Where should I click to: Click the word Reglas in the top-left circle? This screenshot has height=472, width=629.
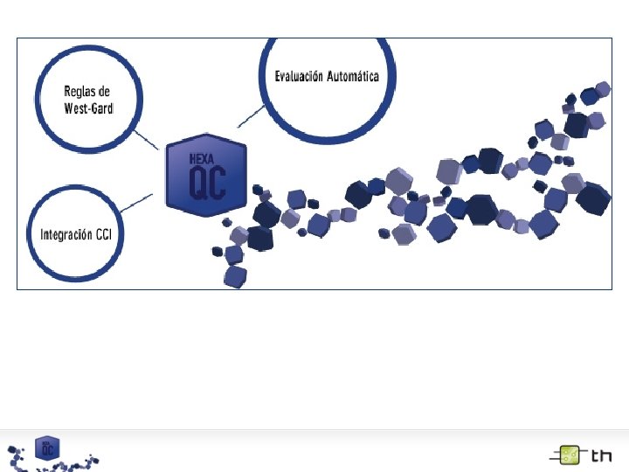pos(79,91)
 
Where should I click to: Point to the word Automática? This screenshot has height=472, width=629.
pos(353,77)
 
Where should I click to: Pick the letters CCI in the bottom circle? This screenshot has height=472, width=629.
pos(111,234)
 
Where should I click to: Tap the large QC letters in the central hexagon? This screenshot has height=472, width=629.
pos(207,182)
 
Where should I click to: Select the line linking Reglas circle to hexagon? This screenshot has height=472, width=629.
pos(146,140)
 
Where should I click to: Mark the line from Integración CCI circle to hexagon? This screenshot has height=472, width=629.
pos(140,202)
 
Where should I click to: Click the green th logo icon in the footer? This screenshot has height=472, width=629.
pos(569,455)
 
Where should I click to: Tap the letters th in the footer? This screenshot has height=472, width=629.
pos(601,455)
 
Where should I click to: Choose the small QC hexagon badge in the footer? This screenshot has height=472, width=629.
pos(46,447)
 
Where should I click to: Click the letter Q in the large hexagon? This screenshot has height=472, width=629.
pos(197,182)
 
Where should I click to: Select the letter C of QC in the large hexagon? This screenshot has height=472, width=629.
pos(217,182)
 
